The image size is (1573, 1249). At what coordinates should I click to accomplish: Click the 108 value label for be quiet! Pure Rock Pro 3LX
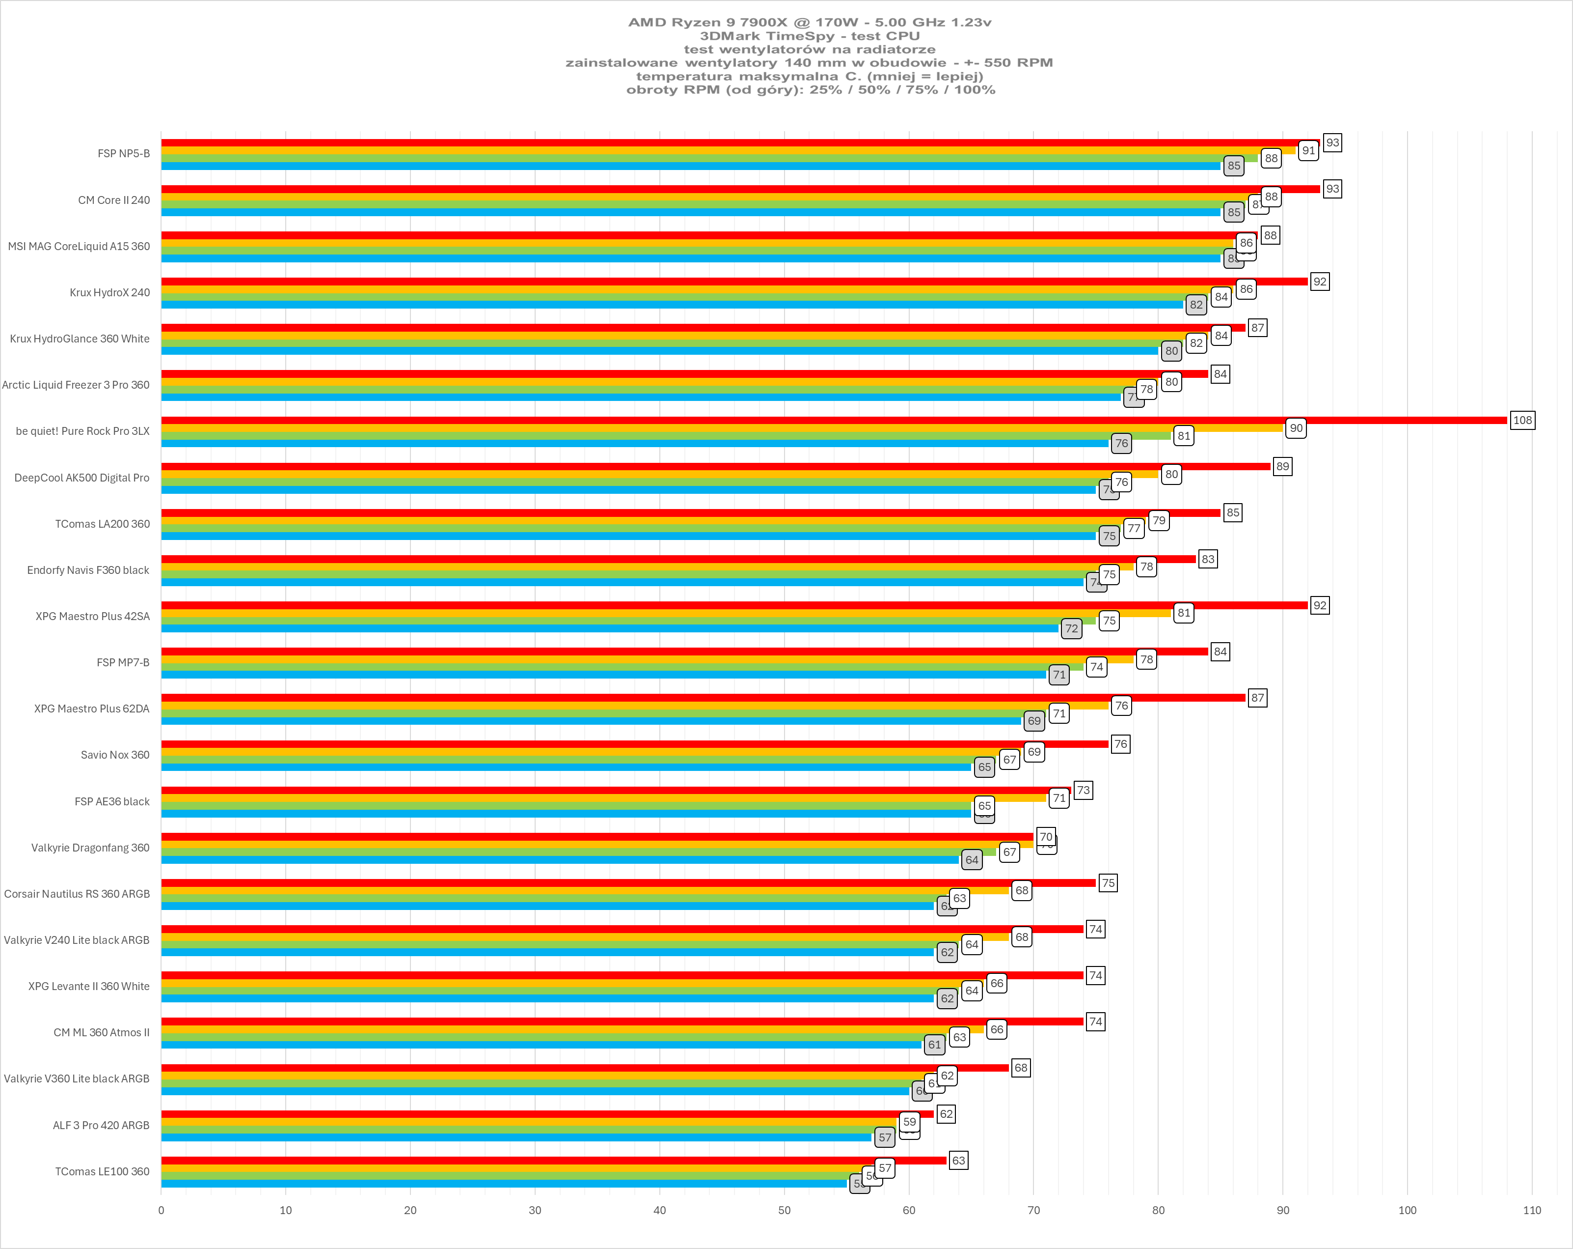1522,421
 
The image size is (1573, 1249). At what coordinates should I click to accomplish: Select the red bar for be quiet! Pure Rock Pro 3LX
832,421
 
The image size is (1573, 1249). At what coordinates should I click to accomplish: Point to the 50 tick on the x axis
785,1210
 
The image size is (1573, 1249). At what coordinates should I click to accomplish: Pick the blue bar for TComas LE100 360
503,1183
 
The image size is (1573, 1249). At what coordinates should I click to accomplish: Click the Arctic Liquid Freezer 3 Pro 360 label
76,385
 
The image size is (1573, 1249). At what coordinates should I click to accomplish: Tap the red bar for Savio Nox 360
635,744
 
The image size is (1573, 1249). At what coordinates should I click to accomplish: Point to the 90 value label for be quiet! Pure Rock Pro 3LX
1296,428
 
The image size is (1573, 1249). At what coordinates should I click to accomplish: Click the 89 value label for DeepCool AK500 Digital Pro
1282,466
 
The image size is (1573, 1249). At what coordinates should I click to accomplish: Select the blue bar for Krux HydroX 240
671,305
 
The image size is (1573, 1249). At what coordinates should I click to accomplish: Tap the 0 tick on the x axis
161,1210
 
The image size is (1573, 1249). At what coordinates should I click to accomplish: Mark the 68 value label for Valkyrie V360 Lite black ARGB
1021,1068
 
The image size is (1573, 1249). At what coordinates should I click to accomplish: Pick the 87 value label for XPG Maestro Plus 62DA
1257,698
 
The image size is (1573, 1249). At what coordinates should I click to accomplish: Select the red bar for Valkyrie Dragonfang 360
597,837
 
